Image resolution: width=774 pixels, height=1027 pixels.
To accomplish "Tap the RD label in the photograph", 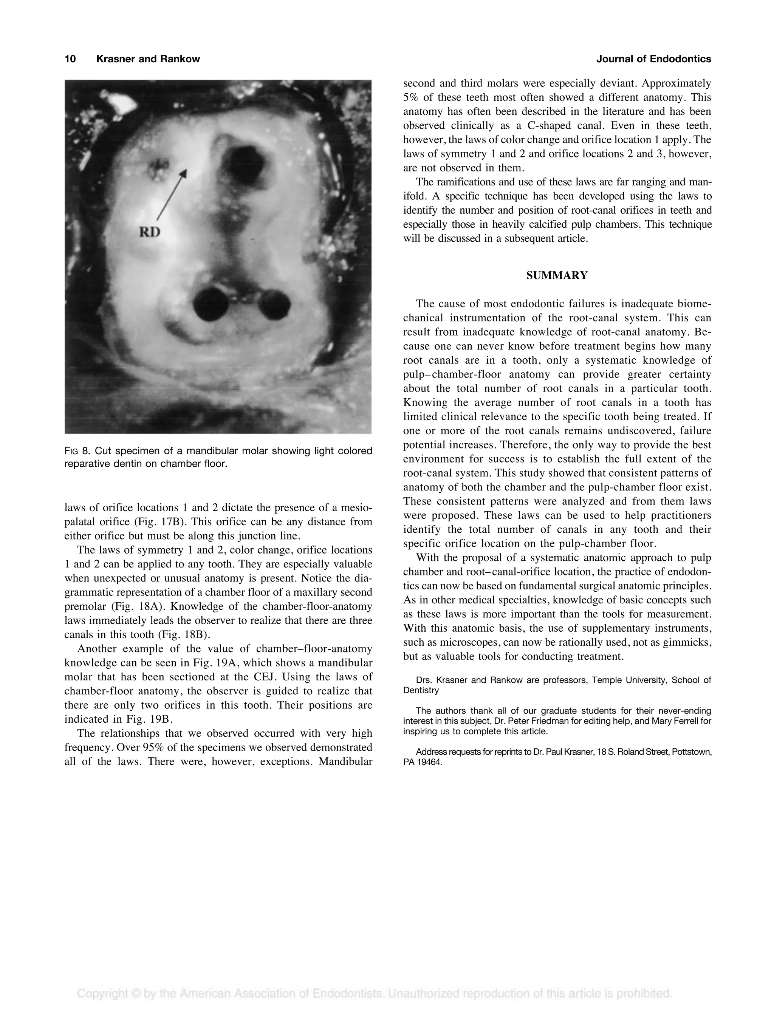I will (150, 232).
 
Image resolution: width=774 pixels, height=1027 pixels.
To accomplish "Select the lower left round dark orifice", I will (211, 304).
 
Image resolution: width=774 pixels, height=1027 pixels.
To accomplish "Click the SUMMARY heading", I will (557, 276).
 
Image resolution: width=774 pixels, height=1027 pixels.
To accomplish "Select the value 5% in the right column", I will (411, 97).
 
